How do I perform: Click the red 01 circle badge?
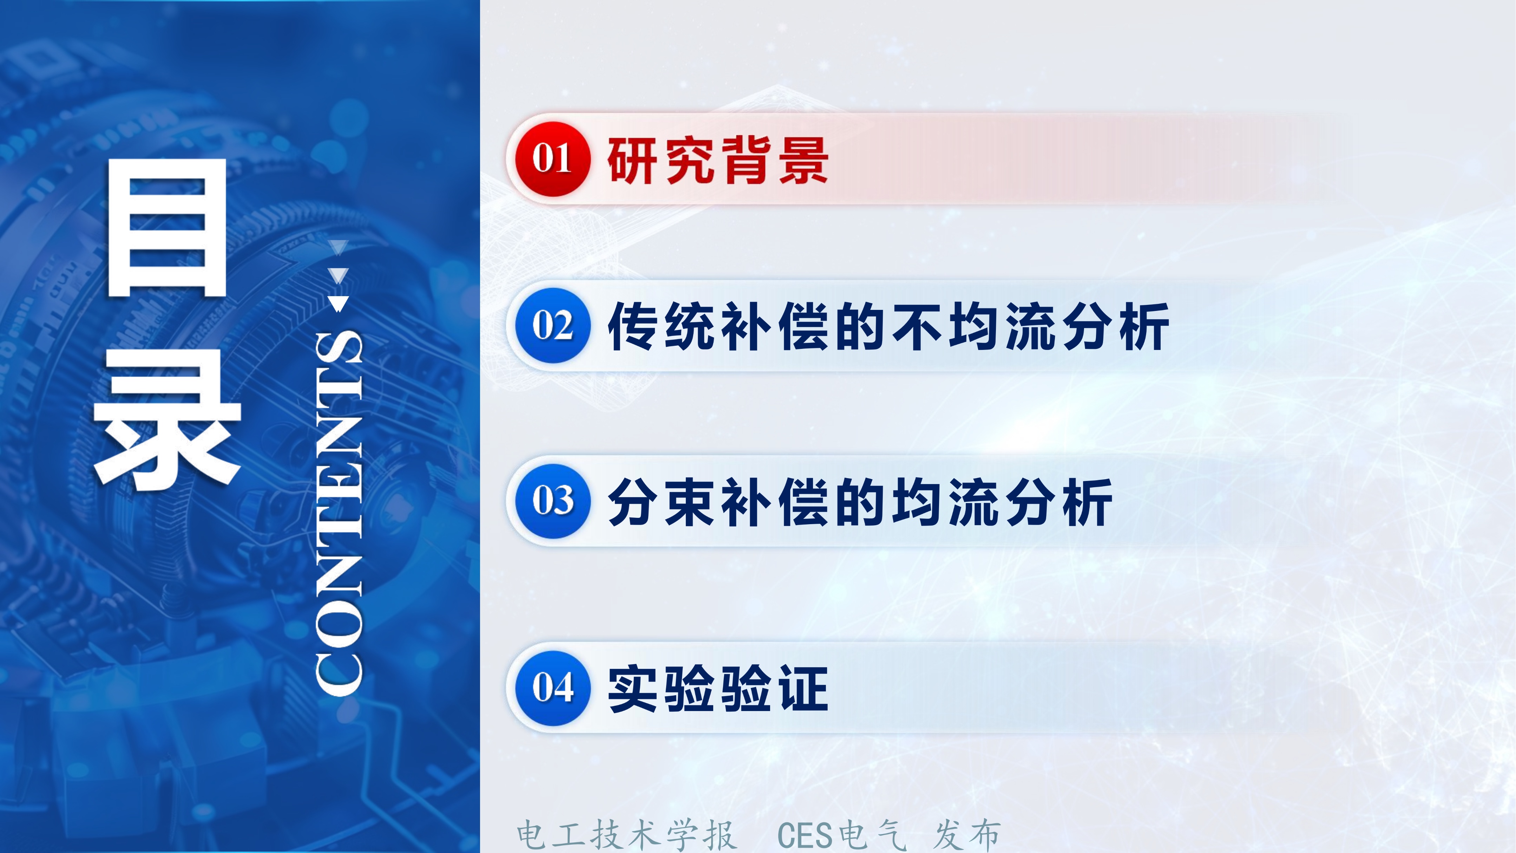[x=552, y=159]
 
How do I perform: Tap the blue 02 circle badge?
[x=552, y=326]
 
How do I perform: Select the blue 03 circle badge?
[x=552, y=501]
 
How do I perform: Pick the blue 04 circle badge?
[x=552, y=688]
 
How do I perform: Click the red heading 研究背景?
[x=718, y=160]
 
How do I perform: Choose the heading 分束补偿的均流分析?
[x=859, y=502]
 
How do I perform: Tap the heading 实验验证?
[x=718, y=688]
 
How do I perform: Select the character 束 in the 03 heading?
[x=690, y=502]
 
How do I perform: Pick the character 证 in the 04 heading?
[x=803, y=688]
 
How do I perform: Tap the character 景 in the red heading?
[x=803, y=160]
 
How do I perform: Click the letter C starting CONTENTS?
[x=339, y=671]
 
